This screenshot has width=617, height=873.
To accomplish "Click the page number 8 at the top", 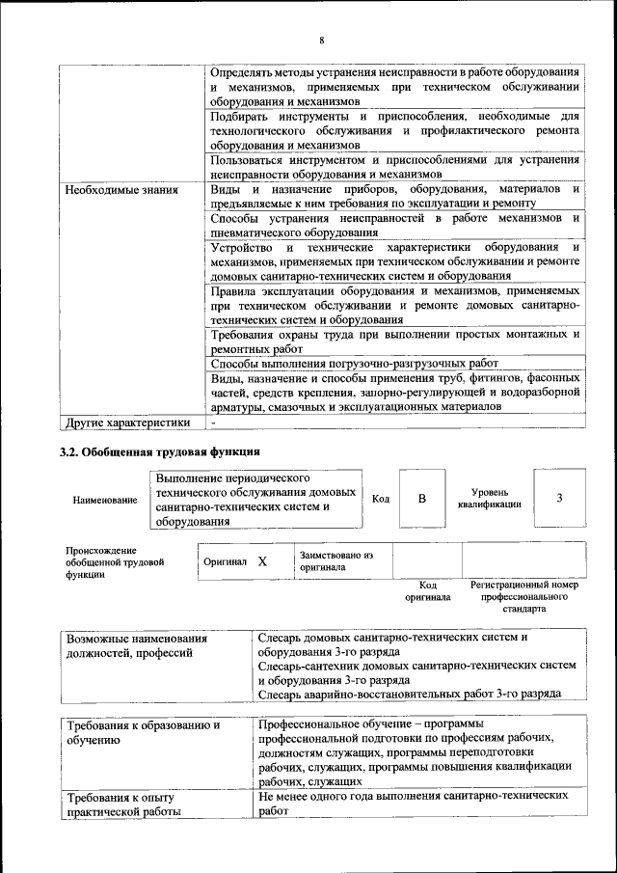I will (321, 40).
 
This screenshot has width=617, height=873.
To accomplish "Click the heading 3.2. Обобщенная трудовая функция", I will (159, 451).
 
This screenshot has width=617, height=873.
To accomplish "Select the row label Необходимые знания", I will (121, 190).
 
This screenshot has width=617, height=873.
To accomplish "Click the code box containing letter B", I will (421, 498).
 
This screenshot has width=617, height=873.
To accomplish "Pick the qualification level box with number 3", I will (559, 498).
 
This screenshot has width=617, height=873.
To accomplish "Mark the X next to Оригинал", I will (262, 560).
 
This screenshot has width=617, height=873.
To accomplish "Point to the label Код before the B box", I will (380, 498).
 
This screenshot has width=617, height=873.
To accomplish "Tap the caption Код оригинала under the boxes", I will (427, 591).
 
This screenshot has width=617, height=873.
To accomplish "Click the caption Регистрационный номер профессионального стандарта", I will (523, 597).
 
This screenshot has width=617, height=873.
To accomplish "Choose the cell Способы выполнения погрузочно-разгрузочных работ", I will (354, 364).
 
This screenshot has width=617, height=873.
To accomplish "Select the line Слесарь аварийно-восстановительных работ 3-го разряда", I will (409, 694).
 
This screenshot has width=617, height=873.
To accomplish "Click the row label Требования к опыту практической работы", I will (123, 805).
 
